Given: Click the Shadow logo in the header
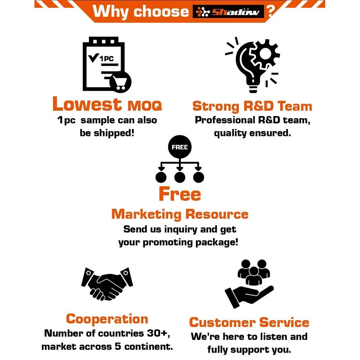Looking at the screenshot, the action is pyautogui.click(x=229, y=12).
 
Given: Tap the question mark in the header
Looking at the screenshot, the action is pyautogui.click(x=271, y=11).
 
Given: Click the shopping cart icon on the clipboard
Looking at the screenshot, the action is pyautogui.click(x=120, y=82).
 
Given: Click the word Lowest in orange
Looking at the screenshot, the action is pyautogui.click(x=87, y=104).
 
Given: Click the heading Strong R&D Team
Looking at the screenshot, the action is pyautogui.click(x=252, y=106).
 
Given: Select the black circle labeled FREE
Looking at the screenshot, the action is pyautogui.click(x=180, y=147).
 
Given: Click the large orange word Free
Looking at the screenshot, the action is pyautogui.click(x=180, y=194).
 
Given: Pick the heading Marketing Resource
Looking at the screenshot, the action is pyautogui.click(x=180, y=214).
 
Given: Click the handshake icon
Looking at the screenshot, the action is pyautogui.click(x=107, y=284).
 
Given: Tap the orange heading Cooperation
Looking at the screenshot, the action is pyautogui.click(x=107, y=319).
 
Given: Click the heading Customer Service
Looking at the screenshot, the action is pyautogui.click(x=249, y=322).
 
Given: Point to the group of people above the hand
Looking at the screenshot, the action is pyautogui.click(x=253, y=271).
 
